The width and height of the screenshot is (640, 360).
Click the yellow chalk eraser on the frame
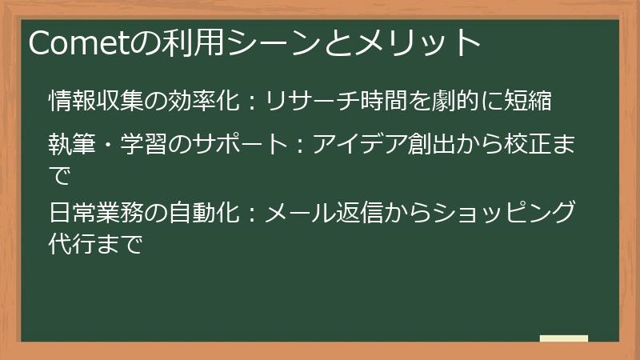tap(564, 339)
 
